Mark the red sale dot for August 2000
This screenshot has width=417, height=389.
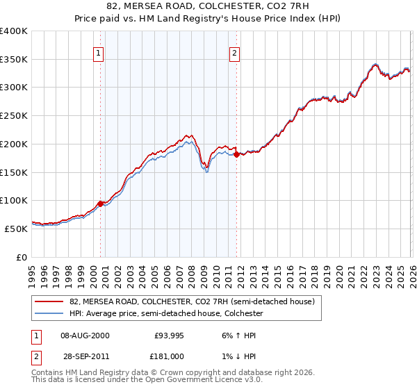point(101,204)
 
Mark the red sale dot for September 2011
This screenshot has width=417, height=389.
point(237,154)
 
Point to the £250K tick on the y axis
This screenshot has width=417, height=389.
point(14,115)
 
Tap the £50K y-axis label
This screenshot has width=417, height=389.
point(15,228)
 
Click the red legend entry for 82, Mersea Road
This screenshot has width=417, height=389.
point(192,301)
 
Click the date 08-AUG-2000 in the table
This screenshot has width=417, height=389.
point(85,335)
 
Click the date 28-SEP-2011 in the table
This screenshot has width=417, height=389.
point(85,356)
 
